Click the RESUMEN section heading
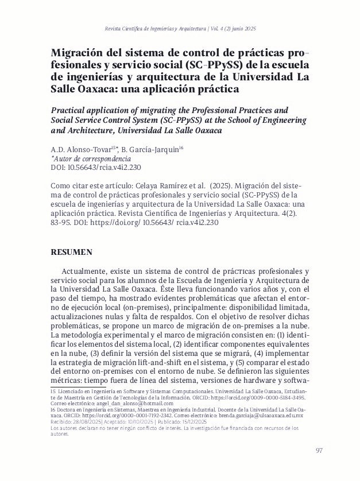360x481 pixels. (x=72, y=252)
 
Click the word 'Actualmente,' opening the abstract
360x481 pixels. (x=87, y=270)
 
